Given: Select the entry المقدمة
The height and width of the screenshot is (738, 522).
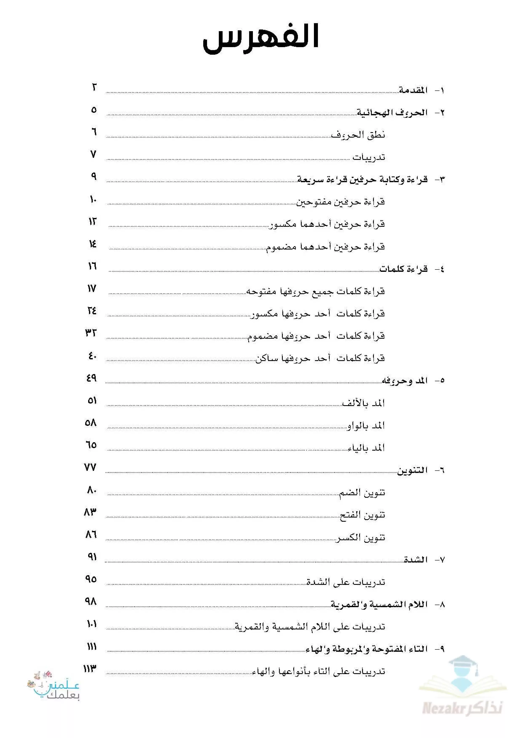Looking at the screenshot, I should tap(413, 90).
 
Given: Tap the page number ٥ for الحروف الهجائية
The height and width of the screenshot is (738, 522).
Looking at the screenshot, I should tap(94, 110).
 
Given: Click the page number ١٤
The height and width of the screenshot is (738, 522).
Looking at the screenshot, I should tap(93, 244).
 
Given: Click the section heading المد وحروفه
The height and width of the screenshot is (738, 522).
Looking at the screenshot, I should tap(404, 381).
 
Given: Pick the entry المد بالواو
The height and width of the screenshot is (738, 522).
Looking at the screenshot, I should tap(366, 426).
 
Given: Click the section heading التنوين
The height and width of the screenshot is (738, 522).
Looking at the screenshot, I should tap(412, 471).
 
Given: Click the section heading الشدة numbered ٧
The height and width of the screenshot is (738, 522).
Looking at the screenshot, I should tap(416, 560).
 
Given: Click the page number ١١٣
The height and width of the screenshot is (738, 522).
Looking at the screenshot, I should tap(90, 669).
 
